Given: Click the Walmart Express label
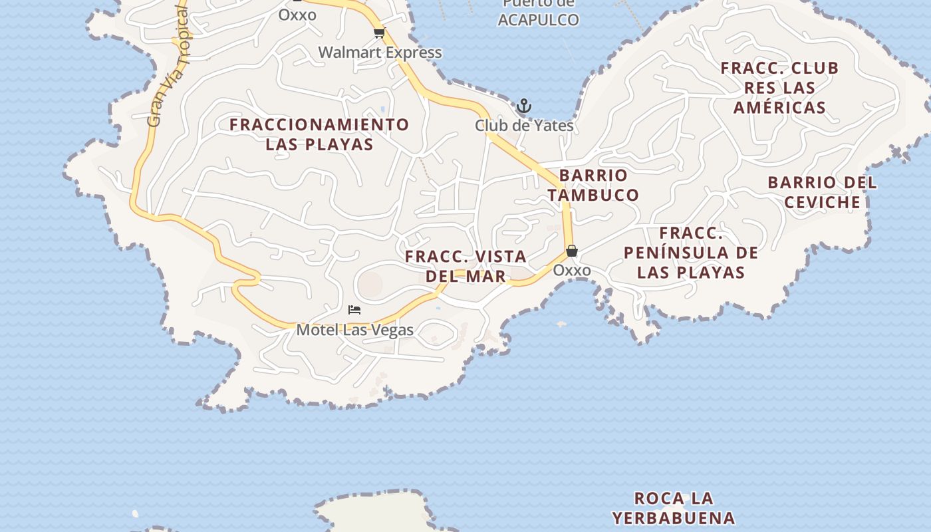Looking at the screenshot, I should pyautogui.click(x=380, y=53).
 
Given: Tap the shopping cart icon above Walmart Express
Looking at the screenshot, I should pyautogui.click(x=379, y=33).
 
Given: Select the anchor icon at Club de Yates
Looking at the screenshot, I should pyautogui.click(x=524, y=106).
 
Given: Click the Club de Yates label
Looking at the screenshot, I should pyautogui.click(x=524, y=125).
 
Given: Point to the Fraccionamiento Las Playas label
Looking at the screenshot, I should pyautogui.click(x=319, y=134).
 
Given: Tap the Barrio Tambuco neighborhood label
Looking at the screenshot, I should pyautogui.click(x=593, y=185).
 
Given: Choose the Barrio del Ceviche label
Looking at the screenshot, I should pyautogui.click(x=823, y=192).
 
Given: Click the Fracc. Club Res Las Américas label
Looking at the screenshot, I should pyautogui.click(x=780, y=88).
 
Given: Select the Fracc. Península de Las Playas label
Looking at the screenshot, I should pyautogui.click(x=691, y=253).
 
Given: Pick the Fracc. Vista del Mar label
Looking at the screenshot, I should pyautogui.click(x=465, y=266).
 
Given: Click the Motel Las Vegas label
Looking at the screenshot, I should pyautogui.click(x=354, y=330).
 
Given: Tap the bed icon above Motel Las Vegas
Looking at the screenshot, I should pyautogui.click(x=354, y=310).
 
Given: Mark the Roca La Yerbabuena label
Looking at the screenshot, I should pyautogui.click(x=674, y=508).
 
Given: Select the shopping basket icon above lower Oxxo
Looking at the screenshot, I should pyautogui.click(x=572, y=251).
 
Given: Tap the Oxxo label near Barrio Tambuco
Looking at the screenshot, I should pyautogui.click(x=572, y=271).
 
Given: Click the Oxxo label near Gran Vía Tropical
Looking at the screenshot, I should pyautogui.click(x=297, y=15).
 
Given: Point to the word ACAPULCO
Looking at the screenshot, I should pyautogui.click(x=538, y=20).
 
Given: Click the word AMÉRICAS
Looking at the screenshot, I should pyautogui.click(x=780, y=108).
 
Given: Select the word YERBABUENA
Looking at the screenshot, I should pyautogui.click(x=674, y=518).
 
